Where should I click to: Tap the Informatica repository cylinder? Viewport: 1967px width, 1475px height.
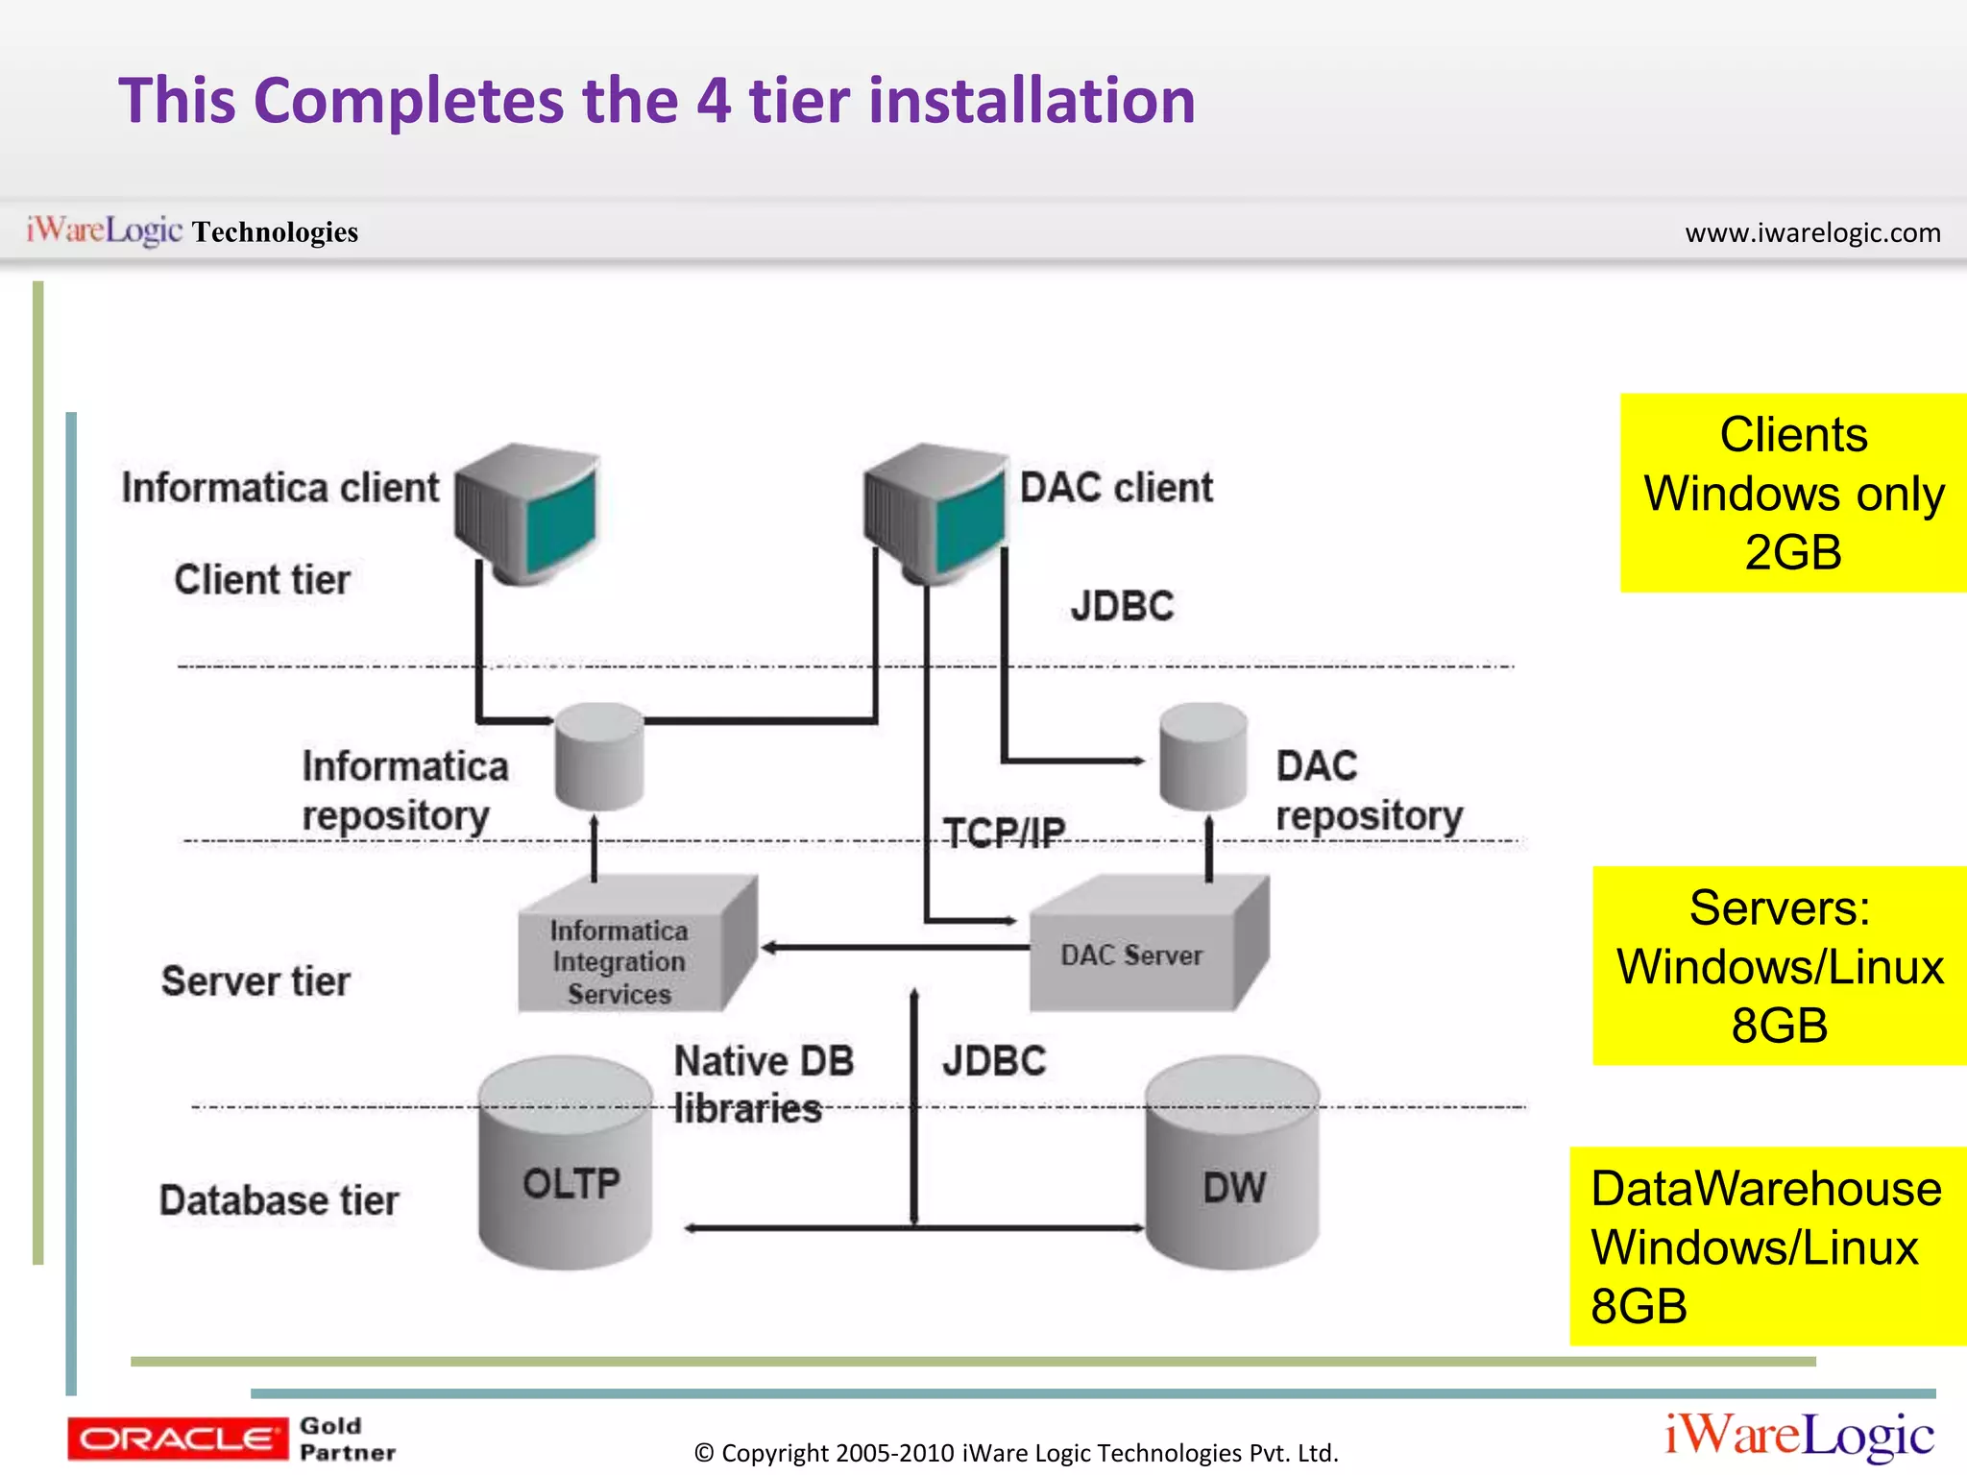pos(599,757)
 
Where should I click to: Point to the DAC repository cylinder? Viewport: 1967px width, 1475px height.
pos(1202,757)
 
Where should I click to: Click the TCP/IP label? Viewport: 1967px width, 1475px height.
pos(1004,832)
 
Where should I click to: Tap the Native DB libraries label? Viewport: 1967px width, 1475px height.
pos(762,1084)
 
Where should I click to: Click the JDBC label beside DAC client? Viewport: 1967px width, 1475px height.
pos(1122,606)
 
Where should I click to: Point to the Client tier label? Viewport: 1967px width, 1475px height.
pos(261,580)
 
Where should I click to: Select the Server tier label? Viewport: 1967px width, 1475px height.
pos(255,981)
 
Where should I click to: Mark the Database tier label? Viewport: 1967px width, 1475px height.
pos(279,1200)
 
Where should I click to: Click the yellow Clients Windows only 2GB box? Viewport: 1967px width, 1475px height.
pos(1792,493)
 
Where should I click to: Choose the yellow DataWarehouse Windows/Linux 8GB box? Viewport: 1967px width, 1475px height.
pos(1767,1246)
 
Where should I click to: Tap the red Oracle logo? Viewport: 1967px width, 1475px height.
pos(177,1439)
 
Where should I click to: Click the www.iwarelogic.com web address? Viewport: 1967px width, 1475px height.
pos(1812,232)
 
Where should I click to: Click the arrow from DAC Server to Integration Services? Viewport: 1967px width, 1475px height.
pos(893,948)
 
